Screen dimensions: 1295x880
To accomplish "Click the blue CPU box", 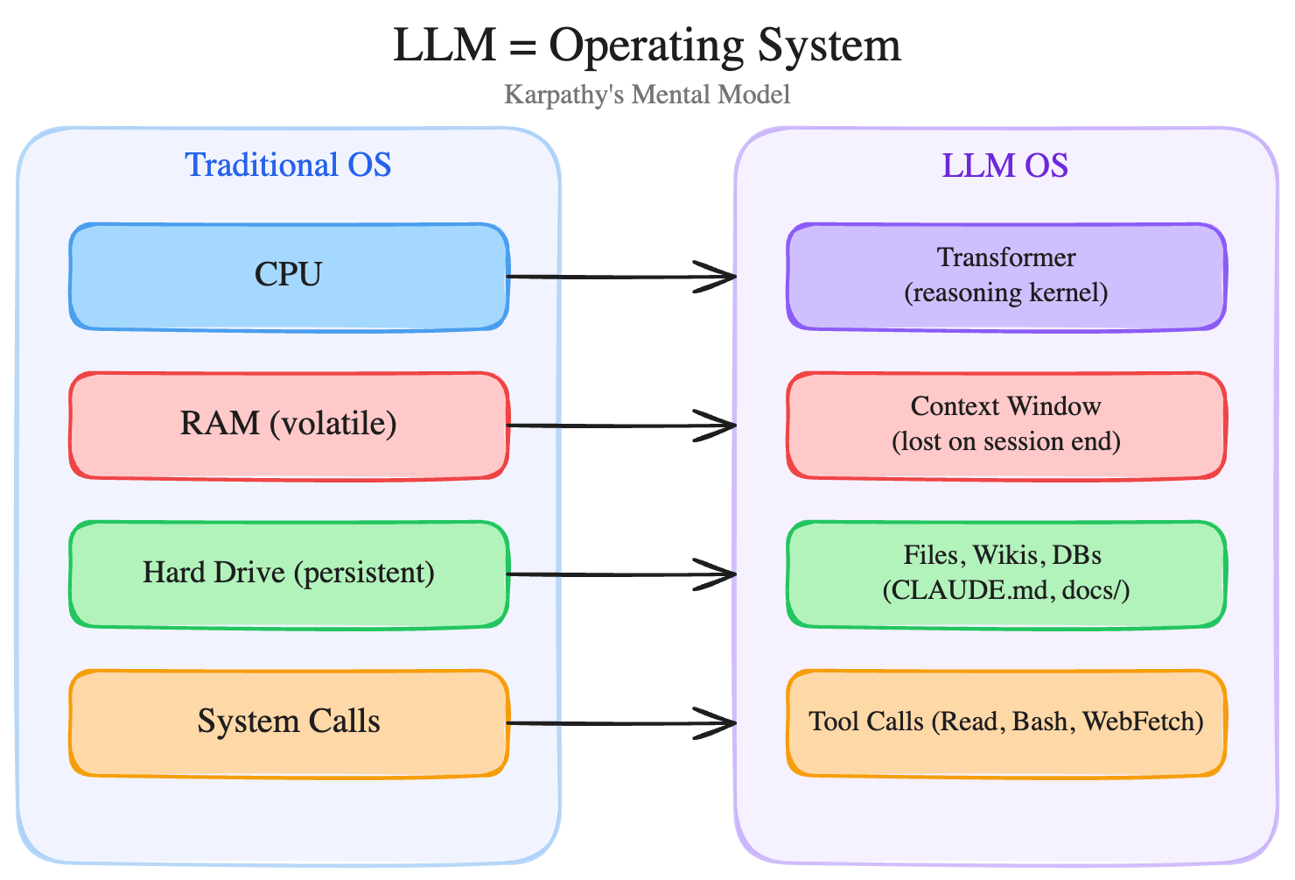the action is [289, 277].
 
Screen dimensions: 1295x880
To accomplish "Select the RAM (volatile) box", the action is [289, 426].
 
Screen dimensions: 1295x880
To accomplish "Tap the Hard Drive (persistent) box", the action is [289, 574].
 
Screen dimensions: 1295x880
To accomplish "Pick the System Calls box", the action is [289, 723].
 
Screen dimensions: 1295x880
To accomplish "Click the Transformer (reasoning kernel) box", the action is [1006, 277].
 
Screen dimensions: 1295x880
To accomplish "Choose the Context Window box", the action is [1006, 426].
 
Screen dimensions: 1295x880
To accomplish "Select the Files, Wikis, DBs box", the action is [1006, 574].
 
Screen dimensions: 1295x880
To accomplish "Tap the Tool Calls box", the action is [1006, 723].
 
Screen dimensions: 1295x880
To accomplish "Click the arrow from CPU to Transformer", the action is [621, 277].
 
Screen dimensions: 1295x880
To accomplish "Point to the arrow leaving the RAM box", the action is [621, 426].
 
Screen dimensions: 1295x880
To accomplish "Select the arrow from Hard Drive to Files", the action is [621, 574].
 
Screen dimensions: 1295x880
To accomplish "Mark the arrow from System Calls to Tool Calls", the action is [621, 723].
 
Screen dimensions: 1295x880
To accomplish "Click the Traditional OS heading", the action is [288, 165].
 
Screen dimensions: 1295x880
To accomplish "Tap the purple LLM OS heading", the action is [1005, 165].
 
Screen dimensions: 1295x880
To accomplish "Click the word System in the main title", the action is [829, 46].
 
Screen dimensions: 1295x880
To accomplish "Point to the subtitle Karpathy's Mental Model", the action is [647, 95].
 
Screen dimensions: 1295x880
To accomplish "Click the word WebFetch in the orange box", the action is [1143, 722].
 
